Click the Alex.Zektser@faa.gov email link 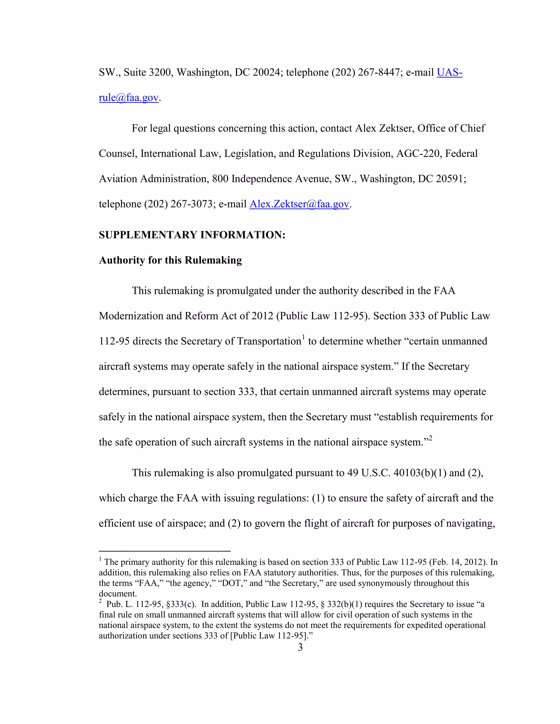299,204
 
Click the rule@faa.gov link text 129,98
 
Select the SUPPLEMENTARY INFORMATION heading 192,235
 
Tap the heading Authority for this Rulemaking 170,260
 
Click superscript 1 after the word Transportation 303,337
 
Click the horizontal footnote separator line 165,551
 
